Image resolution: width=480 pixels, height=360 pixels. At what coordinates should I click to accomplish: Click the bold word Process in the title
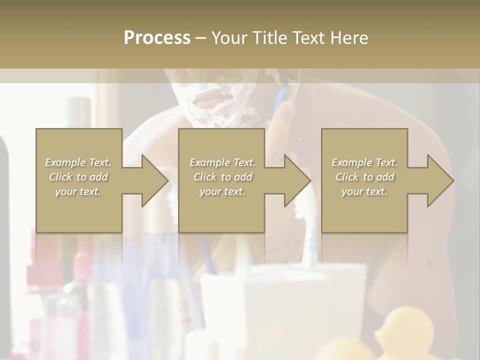pyautogui.click(x=157, y=38)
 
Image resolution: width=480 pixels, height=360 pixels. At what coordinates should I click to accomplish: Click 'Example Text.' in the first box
pyautogui.click(x=78, y=162)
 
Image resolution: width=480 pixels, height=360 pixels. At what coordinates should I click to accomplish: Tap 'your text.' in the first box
pyautogui.click(x=78, y=191)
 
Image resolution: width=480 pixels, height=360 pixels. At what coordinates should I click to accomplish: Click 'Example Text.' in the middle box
pyautogui.click(x=222, y=162)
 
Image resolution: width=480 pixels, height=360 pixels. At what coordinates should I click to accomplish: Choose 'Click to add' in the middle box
pyautogui.click(x=222, y=177)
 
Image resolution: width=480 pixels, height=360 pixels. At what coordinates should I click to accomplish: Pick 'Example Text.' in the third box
pyautogui.click(x=364, y=162)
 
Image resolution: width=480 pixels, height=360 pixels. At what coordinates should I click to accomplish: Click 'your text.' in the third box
pyautogui.click(x=364, y=191)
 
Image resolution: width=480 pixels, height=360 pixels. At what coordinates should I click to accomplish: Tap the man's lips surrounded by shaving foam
pyautogui.click(x=208, y=96)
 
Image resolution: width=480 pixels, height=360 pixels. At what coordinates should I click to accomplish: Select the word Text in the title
pyautogui.click(x=308, y=38)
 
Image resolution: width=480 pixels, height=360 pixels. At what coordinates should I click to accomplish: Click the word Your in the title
pyautogui.click(x=229, y=38)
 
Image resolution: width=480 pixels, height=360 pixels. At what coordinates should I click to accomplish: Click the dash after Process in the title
pyautogui.click(x=200, y=38)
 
